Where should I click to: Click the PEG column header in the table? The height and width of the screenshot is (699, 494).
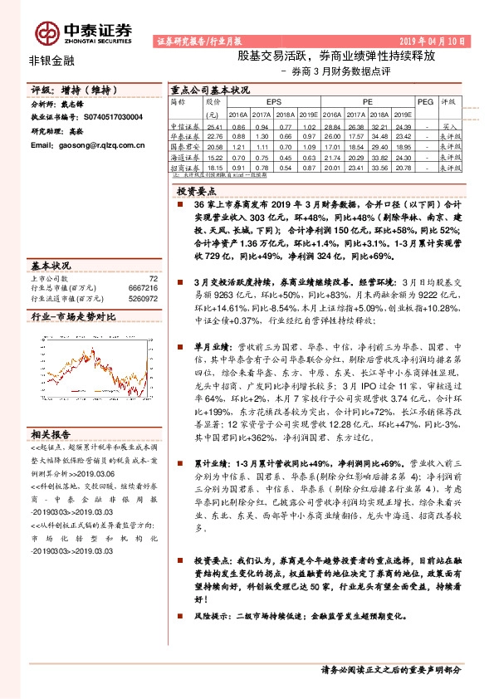point(424,100)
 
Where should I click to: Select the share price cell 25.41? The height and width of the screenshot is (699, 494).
point(213,125)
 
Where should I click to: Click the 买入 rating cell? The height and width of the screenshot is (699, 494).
point(449,125)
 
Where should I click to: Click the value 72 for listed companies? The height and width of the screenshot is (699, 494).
point(152,280)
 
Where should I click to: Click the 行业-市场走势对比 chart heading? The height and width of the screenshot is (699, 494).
point(72,316)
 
